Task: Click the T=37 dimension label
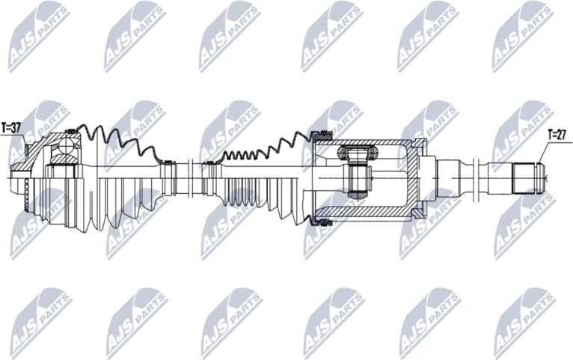[11, 128]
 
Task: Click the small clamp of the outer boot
[168, 162]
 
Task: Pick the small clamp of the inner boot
[209, 162]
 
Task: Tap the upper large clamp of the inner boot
[324, 135]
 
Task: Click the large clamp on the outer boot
[71, 133]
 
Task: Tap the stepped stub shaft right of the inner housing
[456, 178]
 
